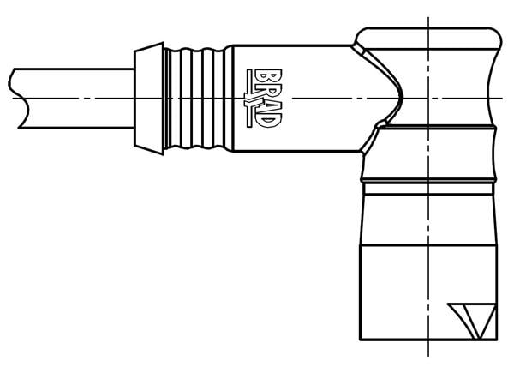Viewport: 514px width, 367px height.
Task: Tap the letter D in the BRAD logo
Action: [x=267, y=120]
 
